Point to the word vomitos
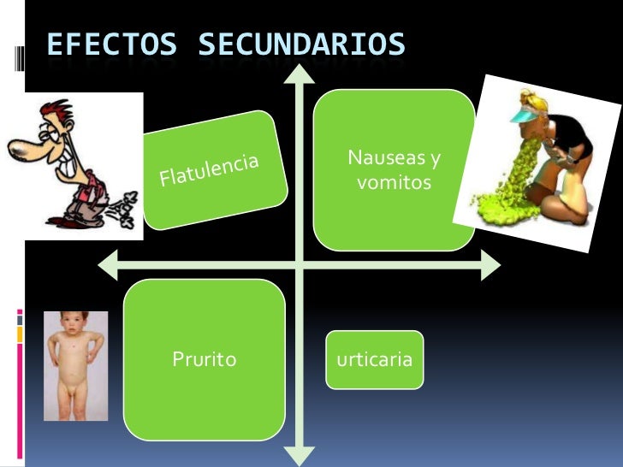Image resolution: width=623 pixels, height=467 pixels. click(394, 182)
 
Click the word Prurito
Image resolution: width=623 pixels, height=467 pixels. click(204, 359)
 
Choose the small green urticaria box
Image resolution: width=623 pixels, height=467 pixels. click(374, 359)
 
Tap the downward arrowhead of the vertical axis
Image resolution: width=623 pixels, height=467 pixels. click(299, 456)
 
